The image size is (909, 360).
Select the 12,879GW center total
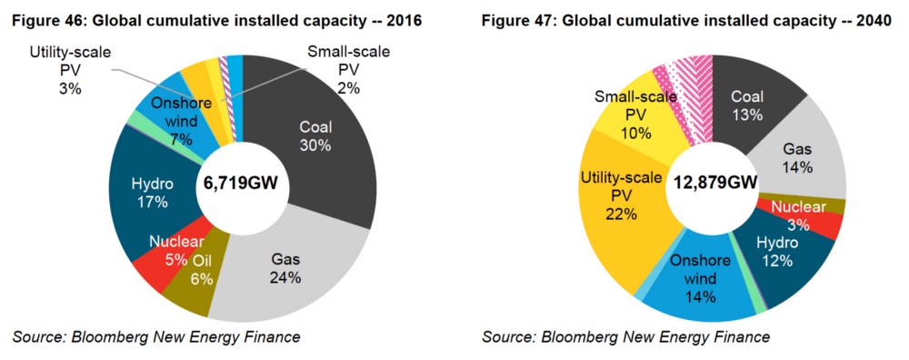[x=715, y=184]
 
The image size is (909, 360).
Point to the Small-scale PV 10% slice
[x=632, y=114]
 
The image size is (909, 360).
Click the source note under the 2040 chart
[x=625, y=337]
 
